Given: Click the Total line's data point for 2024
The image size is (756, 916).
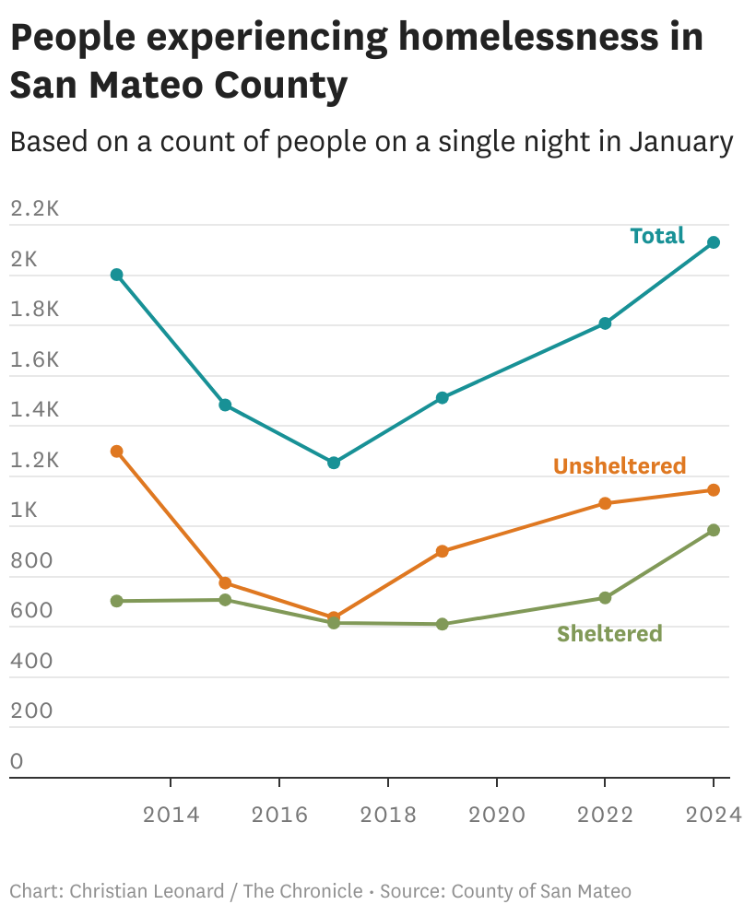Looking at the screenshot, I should [713, 242].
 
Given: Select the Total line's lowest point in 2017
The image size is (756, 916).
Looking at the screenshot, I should [334, 463].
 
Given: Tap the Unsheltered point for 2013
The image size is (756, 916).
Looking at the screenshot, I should [117, 452].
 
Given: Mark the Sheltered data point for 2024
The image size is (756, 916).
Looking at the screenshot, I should [713, 530].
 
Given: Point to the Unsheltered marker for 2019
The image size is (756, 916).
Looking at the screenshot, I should [442, 551].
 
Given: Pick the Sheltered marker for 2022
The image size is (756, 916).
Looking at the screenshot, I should [605, 598].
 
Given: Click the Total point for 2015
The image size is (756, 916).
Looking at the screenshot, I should [225, 405].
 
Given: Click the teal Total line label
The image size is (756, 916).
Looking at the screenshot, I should [656, 236].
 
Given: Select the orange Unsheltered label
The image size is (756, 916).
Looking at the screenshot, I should [620, 465].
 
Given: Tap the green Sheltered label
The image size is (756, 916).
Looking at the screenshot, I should [609, 634].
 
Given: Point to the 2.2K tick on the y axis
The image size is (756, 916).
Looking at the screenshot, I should [34, 208].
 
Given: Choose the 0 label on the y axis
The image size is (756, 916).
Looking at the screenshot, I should [17, 761].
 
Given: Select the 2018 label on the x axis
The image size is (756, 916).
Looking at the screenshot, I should [388, 815].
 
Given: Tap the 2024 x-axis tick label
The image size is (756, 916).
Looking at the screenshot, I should [713, 815].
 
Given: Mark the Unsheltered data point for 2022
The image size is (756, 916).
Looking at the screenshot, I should [605, 503].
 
